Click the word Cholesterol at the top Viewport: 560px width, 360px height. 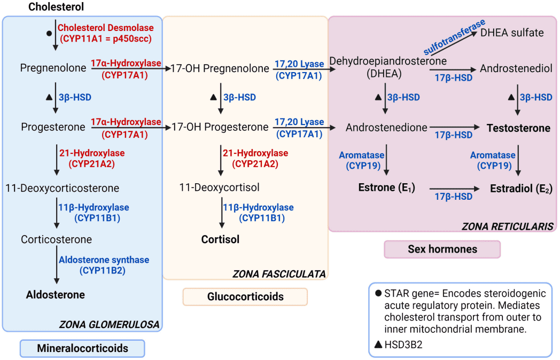pos(56,7)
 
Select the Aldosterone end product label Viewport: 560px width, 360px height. pos(56,294)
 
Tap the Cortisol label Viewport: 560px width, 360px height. pos(220,239)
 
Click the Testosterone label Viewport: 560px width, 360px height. pos(518,128)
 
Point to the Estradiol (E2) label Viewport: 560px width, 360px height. pos(521,189)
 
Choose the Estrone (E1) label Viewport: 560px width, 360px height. pos(386,187)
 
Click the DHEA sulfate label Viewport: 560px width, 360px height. pos(512,33)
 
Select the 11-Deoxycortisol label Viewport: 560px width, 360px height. pos(220,187)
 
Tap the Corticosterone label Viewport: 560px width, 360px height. pos(56,239)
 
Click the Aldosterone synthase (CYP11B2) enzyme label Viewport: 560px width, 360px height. pos(104,265)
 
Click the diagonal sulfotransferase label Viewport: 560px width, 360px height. pos(454,36)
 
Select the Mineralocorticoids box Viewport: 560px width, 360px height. pos(82,348)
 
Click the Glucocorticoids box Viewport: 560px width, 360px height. pos(245,296)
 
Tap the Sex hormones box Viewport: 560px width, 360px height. pos(442,249)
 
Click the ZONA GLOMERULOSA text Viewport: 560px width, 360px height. pos(109,324)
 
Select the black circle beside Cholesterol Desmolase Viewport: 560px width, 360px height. pos(49,33)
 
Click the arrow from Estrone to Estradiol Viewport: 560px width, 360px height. pos(454,189)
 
